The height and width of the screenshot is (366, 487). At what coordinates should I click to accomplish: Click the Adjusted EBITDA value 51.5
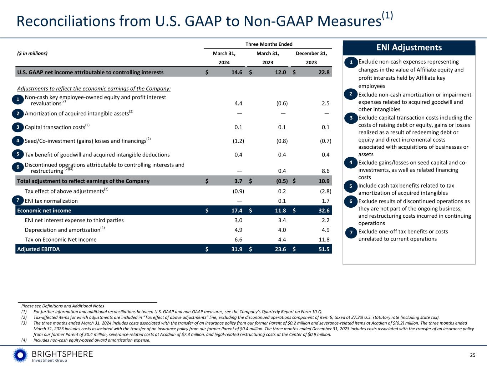pyautogui.click(x=324, y=249)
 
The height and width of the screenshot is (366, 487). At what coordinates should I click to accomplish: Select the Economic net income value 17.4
pyautogui.click(x=237, y=211)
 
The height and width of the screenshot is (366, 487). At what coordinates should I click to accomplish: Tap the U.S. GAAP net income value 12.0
pyautogui.click(x=280, y=72)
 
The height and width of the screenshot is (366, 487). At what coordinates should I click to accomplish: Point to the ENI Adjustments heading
pyautogui.click(x=409, y=48)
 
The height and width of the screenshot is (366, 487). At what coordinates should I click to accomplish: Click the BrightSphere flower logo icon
pyautogui.click(x=20, y=355)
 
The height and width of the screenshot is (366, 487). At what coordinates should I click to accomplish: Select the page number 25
pyautogui.click(x=472, y=355)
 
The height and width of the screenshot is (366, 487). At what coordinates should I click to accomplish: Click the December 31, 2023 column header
pyautogui.click(x=311, y=58)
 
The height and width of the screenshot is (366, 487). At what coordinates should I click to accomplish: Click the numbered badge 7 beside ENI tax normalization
pyautogui.click(x=18, y=201)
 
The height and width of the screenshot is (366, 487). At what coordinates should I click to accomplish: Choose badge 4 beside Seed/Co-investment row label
pyautogui.click(x=18, y=141)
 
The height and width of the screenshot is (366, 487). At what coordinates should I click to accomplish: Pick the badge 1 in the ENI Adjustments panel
pyautogui.click(x=351, y=63)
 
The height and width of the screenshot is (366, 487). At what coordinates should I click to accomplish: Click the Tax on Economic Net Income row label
pyautogui.click(x=61, y=239)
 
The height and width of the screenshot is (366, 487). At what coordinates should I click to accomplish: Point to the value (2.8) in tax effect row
pyautogui.click(x=325, y=191)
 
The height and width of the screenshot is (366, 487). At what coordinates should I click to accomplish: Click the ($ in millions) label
pyautogui.click(x=32, y=54)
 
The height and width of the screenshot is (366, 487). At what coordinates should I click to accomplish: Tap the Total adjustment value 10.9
pyautogui.click(x=324, y=181)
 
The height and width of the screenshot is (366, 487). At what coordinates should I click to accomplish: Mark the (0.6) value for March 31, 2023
pyautogui.click(x=281, y=103)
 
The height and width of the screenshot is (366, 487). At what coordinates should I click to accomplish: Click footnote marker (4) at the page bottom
pyautogui.click(x=24, y=340)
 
